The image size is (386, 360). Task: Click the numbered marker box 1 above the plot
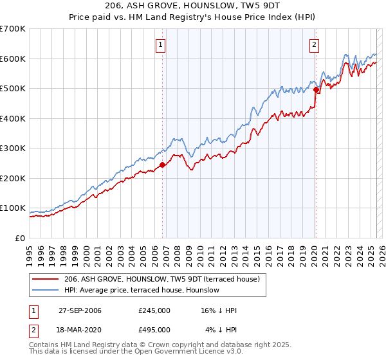[x=160, y=44]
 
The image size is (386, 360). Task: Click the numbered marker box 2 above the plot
[x=314, y=44]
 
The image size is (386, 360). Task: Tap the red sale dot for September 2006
[x=162, y=165]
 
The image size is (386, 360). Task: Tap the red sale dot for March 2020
[x=316, y=90]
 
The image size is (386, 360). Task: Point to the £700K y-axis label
[x=13, y=29]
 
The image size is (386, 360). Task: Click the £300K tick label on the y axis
[x=13, y=148]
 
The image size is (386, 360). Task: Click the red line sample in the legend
[x=45, y=279]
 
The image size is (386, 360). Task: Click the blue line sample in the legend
[x=45, y=290]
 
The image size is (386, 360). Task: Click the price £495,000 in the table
[x=154, y=329]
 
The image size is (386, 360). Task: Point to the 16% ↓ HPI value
[x=219, y=310]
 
